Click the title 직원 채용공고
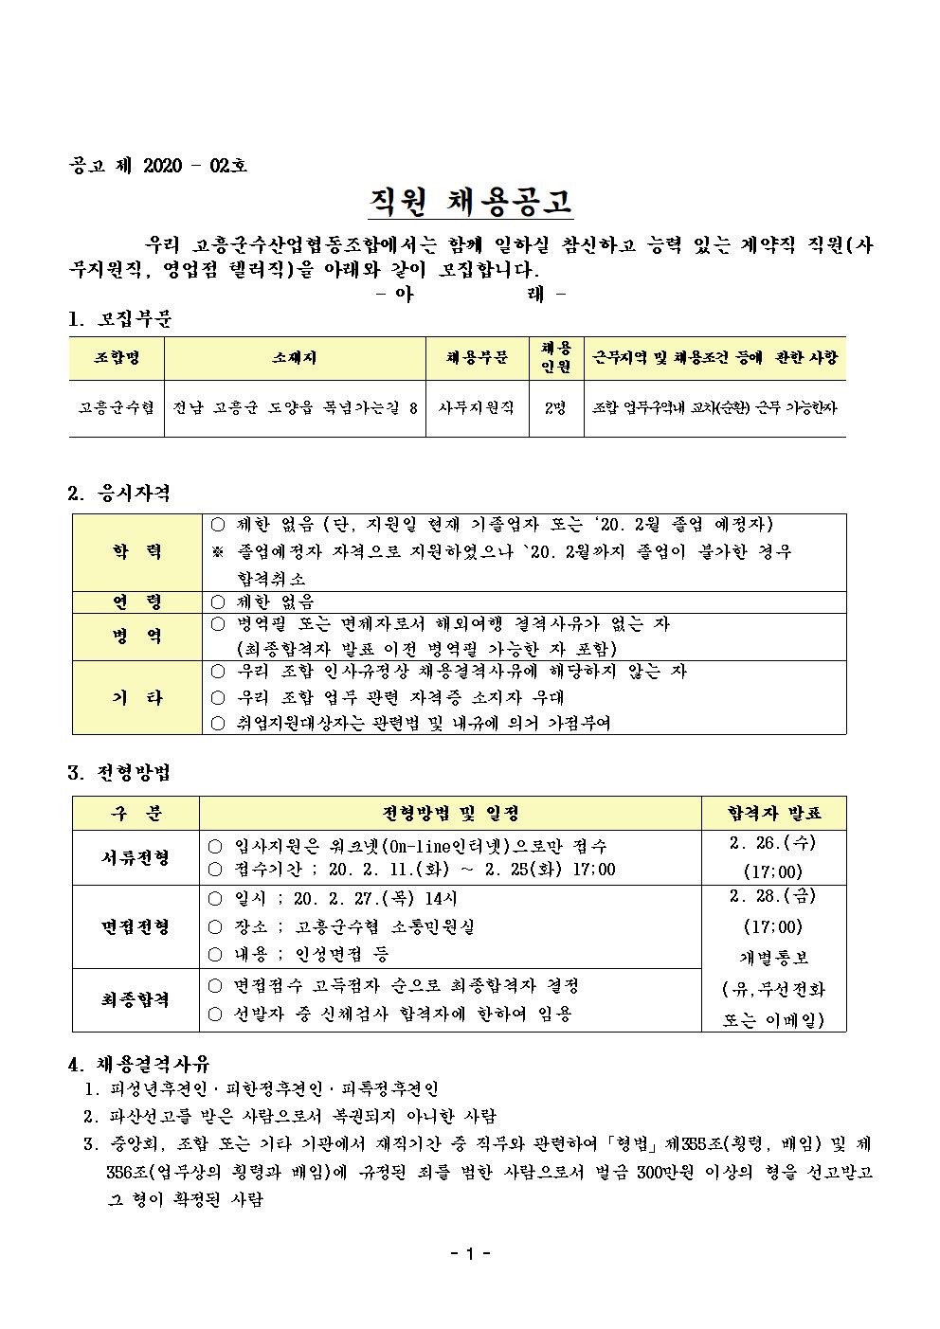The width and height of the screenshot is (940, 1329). click(x=470, y=202)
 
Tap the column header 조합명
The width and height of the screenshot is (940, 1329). click(x=117, y=357)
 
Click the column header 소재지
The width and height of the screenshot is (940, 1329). click(x=294, y=357)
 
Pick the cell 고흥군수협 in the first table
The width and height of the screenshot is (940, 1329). click(x=117, y=407)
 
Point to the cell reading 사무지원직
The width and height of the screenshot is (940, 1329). click(x=476, y=407)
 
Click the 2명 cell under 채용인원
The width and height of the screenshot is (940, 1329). click(x=555, y=407)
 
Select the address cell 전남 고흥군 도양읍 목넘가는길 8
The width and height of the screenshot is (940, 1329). click(x=294, y=407)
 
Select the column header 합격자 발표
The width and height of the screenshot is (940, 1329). click(x=773, y=813)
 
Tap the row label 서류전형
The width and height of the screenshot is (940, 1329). click(x=136, y=857)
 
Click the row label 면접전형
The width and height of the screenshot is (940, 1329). click(x=136, y=926)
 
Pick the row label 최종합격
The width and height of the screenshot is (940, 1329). click(x=136, y=999)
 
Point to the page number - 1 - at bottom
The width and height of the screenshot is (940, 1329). click(x=470, y=1254)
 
